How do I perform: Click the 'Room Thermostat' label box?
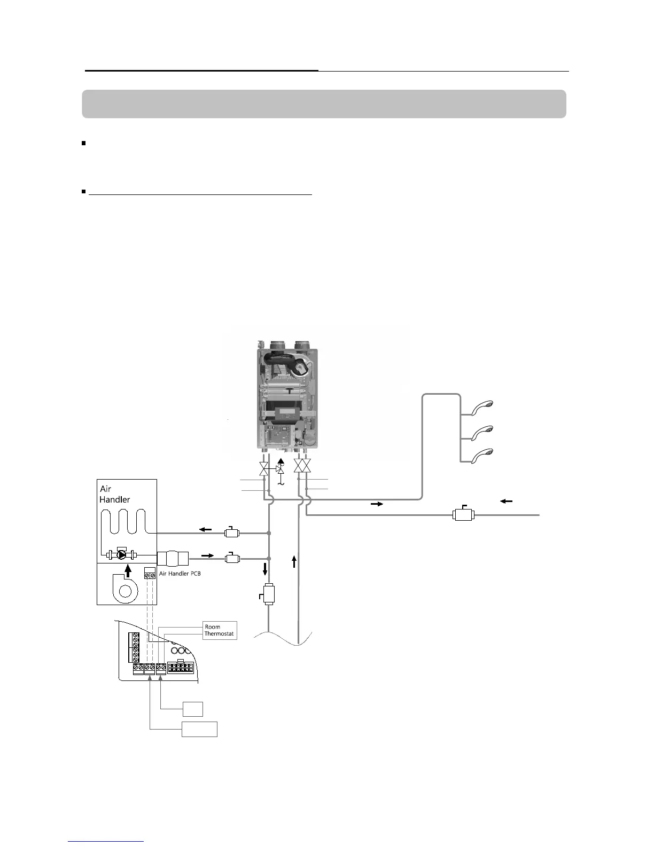point(220,630)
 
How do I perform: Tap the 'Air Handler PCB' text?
point(180,574)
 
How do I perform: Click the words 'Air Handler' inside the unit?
point(114,494)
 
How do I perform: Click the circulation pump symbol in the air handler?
point(122,554)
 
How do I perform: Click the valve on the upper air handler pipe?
point(232,532)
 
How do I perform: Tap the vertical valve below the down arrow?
point(268,594)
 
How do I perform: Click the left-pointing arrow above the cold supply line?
point(505,501)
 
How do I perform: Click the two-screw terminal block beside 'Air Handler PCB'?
point(150,575)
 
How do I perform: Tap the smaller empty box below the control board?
point(192,709)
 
